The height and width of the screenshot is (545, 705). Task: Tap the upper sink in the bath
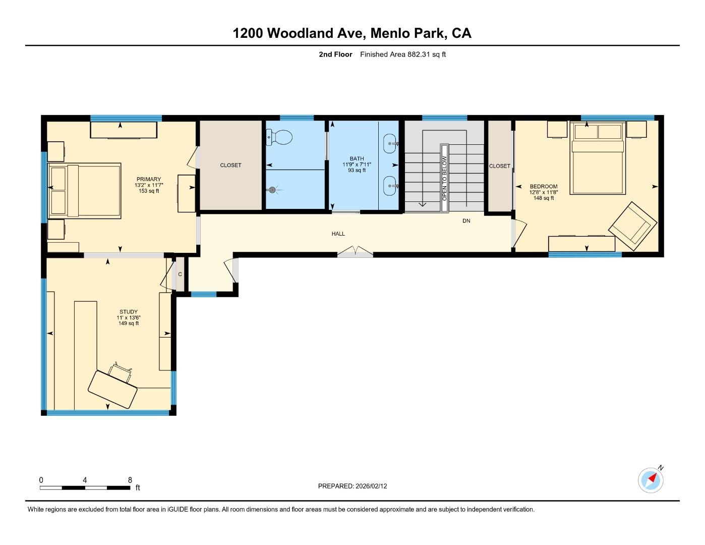(x=391, y=143)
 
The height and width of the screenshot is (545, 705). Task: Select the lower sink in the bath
(x=391, y=186)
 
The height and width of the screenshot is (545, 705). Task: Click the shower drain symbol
(x=272, y=190)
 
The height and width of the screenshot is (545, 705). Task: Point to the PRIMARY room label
(x=149, y=179)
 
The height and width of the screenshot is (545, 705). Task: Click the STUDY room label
(x=129, y=312)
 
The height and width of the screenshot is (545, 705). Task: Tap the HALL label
(x=338, y=234)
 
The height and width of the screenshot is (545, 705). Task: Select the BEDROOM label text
(x=544, y=186)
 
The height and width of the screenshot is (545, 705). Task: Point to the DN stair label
(x=466, y=221)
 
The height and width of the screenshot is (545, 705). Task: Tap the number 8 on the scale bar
(x=130, y=480)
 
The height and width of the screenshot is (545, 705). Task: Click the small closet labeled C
(x=180, y=275)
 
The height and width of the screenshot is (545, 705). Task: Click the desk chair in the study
(x=122, y=372)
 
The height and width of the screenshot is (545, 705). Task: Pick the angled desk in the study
(x=112, y=389)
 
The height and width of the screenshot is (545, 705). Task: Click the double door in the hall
(x=355, y=251)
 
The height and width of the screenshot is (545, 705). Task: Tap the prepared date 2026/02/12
(x=371, y=486)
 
